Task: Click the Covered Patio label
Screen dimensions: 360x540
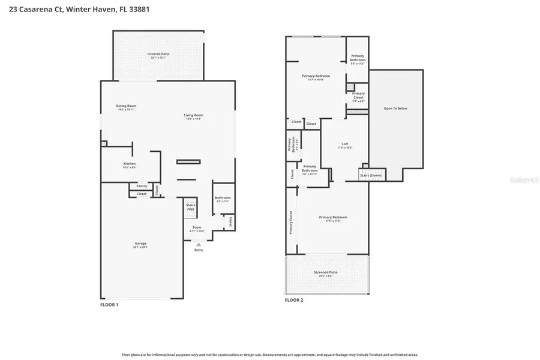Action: [x=158, y=54]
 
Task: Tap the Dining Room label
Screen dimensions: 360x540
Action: [x=126, y=106]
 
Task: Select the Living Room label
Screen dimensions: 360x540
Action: [x=193, y=115]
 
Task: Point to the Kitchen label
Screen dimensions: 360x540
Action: [x=130, y=164]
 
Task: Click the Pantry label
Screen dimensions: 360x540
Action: [x=141, y=186]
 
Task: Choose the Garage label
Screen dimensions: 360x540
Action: [x=140, y=243]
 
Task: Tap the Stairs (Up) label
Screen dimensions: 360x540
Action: [x=191, y=207]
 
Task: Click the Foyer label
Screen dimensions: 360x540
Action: [x=197, y=227]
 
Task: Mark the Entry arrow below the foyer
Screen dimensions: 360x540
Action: [x=199, y=244]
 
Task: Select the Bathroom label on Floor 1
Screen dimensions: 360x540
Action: [x=223, y=198]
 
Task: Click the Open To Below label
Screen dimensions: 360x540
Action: [x=395, y=109]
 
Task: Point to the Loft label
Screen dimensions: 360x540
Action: [x=345, y=144]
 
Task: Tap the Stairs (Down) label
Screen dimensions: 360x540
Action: [x=370, y=175]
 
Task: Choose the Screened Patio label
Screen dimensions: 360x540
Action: [x=326, y=272]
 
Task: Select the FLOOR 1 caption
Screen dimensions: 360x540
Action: [x=109, y=305]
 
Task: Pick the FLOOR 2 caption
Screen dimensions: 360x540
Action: [x=294, y=299]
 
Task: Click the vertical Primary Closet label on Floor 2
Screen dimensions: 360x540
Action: [x=292, y=222]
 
